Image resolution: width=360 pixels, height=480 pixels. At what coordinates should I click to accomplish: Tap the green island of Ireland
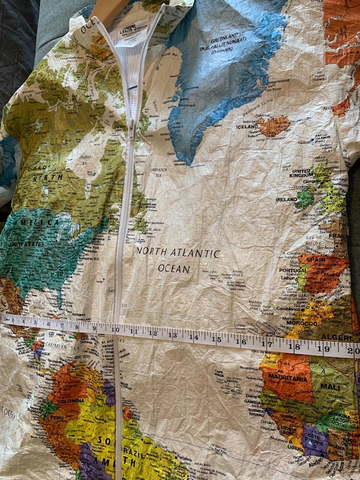[x=305, y=198]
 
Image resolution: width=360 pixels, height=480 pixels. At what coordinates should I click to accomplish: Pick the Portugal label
[x=292, y=269]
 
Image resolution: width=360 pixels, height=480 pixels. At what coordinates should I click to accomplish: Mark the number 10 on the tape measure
[x=116, y=330]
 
